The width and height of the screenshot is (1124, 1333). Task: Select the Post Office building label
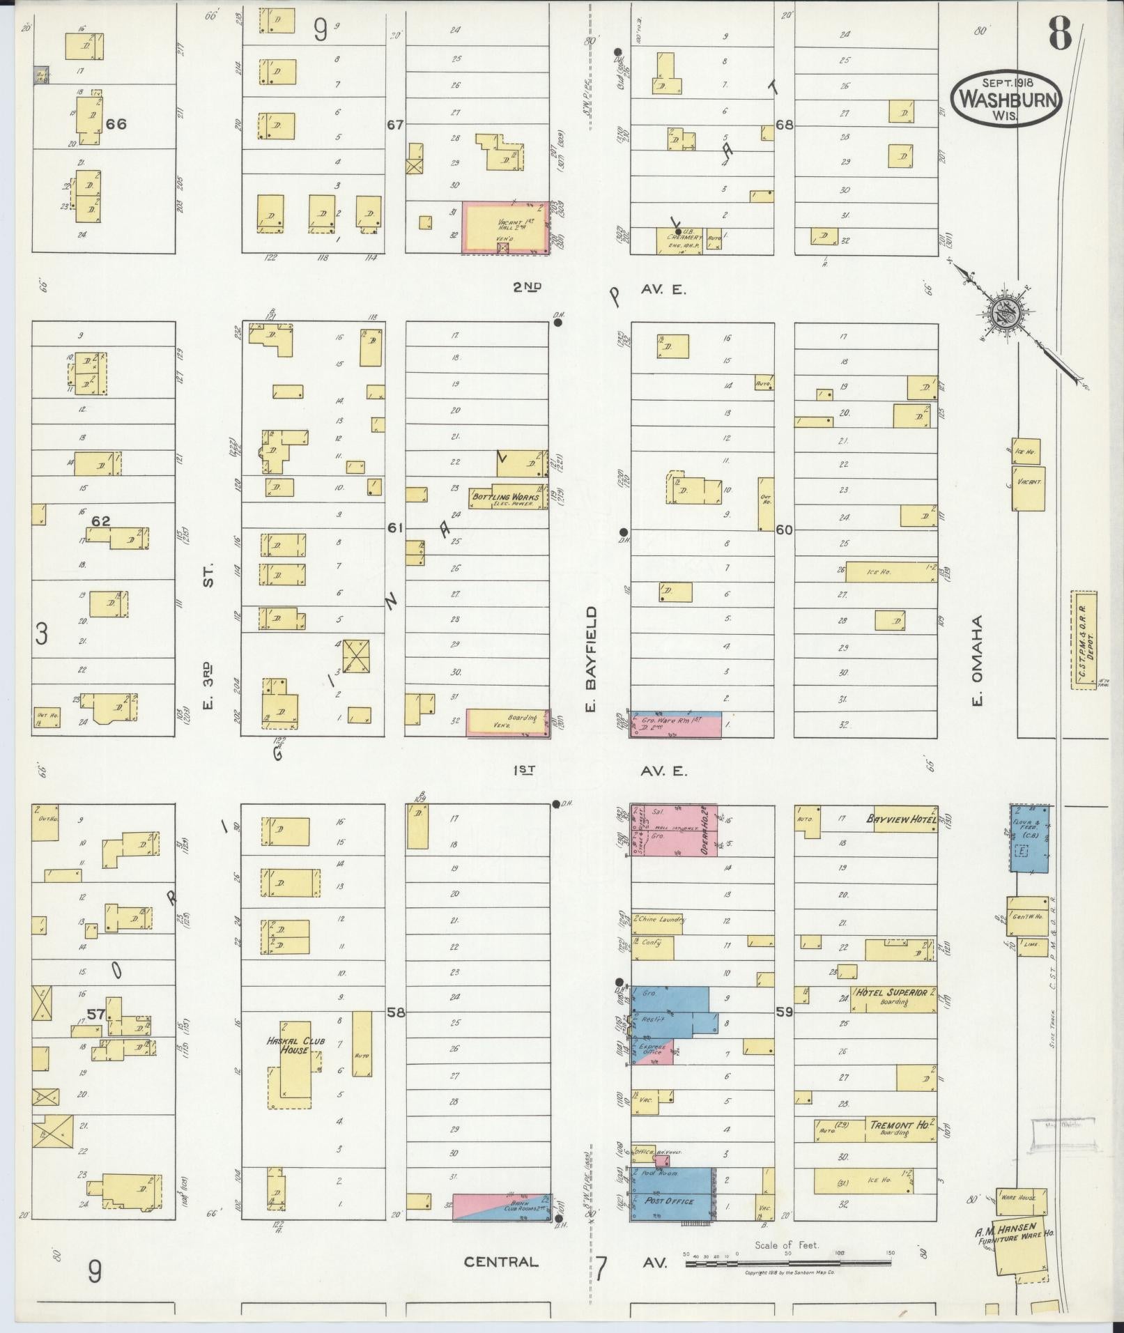tap(670, 1201)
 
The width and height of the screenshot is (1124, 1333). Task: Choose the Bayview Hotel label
tap(900, 819)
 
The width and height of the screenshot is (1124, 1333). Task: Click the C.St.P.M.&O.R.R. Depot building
tap(1084, 640)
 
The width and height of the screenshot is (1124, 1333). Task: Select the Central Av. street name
tap(501, 1262)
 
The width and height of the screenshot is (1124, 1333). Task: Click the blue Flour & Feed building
tap(1029, 838)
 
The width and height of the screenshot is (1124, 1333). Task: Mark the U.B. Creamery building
tap(679, 240)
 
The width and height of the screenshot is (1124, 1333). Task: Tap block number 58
tap(395, 1012)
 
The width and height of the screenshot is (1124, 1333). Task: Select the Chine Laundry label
tap(661, 920)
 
